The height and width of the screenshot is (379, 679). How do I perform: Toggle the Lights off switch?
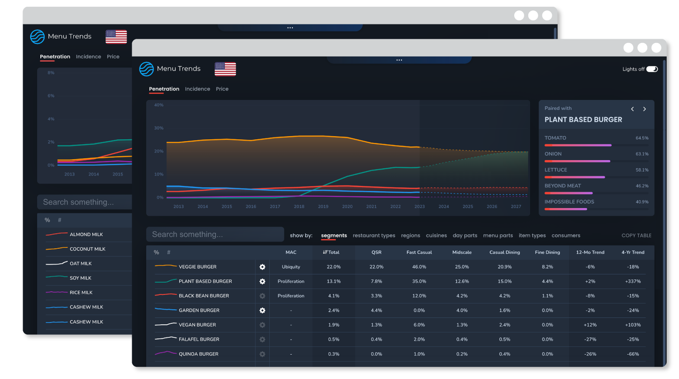tap(652, 69)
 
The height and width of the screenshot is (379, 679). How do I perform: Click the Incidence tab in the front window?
tap(197, 89)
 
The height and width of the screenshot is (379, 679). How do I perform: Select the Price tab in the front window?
tap(222, 89)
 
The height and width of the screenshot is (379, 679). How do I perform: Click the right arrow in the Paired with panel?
tap(645, 109)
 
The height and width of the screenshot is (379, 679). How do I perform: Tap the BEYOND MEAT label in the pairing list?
tap(563, 186)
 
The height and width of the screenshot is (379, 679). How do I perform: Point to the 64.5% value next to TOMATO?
tap(642, 138)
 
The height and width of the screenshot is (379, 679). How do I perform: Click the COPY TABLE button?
tap(636, 236)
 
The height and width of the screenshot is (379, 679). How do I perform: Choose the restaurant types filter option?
tap(374, 236)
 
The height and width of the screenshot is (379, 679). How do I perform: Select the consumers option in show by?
tap(566, 236)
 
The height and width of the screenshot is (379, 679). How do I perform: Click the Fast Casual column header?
tap(419, 252)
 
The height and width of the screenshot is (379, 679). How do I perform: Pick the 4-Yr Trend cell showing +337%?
tap(633, 281)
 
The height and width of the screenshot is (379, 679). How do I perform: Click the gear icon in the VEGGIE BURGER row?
tap(262, 267)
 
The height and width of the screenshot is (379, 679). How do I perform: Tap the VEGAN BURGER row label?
tap(197, 325)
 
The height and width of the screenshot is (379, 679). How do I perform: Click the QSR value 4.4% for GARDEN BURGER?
tap(376, 310)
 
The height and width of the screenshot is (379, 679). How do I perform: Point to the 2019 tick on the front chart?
tap(323, 207)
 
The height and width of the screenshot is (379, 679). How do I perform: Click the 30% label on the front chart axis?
tap(158, 128)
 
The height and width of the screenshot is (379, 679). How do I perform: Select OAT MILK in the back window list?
tap(81, 264)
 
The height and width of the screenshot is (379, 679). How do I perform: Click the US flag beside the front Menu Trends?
tap(225, 69)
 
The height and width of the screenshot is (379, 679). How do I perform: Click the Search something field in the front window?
tap(215, 234)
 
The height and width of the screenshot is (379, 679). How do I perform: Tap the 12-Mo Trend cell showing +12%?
tap(590, 325)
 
